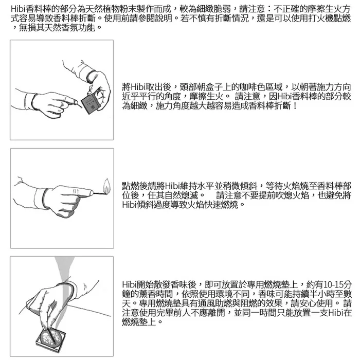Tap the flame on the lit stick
coord(106,186)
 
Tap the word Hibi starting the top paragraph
coord(19,9)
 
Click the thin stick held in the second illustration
coord(99,193)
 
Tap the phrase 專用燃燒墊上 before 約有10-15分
coord(272,285)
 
